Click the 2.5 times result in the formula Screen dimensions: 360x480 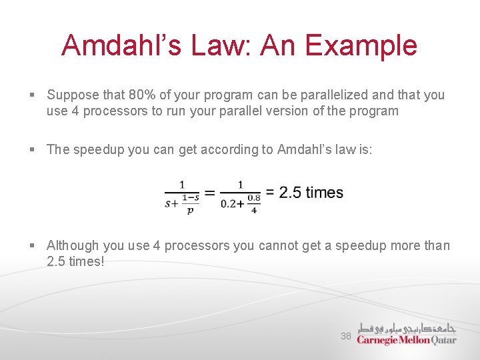pos(311,193)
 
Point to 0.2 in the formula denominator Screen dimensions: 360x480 pos(229,204)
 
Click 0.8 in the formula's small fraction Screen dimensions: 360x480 pos(253,198)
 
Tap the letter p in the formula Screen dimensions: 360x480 pos(190,210)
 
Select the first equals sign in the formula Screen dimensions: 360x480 pos(209,193)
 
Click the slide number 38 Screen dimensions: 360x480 pos(345,336)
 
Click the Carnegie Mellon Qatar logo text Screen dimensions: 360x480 pos(406,340)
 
